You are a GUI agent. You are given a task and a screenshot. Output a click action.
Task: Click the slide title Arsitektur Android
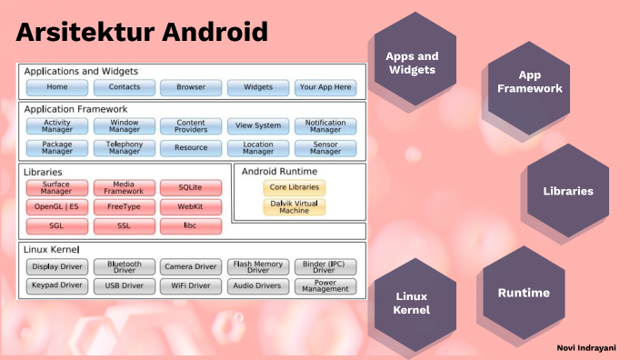tap(142, 34)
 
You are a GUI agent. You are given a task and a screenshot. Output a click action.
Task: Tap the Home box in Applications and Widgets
tap(57, 87)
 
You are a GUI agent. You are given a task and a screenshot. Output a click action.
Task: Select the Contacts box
tap(125, 87)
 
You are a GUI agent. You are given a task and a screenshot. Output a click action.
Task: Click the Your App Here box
tap(325, 87)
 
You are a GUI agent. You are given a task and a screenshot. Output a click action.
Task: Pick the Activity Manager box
tap(57, 125)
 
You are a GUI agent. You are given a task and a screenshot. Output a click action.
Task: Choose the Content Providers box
tap(191, 125)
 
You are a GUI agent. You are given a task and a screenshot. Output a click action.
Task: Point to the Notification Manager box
tap(325, 125)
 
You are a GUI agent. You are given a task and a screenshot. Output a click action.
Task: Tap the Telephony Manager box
tap(125, 147)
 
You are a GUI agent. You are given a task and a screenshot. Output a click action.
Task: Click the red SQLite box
tap(191, 187)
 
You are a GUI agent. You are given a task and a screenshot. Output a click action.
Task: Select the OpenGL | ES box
tap(57, 206)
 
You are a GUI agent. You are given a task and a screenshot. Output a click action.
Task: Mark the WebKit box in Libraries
tap(191, 206)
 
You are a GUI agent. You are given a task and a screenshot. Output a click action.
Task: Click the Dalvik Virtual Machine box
tap(294, 206)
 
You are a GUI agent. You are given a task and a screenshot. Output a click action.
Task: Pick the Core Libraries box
tap(294, 187)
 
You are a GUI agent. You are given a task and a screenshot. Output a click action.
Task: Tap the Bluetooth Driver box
tap(125, 266)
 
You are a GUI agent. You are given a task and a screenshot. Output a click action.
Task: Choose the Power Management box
tap(325, 286)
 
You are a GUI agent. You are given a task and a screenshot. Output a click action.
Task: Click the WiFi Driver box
tap(191, 286)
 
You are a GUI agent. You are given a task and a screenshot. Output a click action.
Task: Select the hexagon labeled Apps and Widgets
tap(412, 63)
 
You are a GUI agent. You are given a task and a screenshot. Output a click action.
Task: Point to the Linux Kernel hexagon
tap(412, 304)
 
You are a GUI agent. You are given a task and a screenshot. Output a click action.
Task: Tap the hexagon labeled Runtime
tap(524, 293)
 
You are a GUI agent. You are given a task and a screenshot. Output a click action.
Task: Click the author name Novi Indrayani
tap(587, 347)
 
